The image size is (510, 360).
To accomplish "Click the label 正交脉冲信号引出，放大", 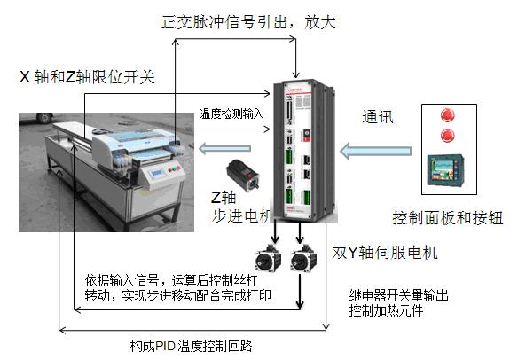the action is [248, 22].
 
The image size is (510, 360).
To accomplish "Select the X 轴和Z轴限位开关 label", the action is [87, 77].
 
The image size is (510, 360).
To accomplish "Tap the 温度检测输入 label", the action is [231, 113].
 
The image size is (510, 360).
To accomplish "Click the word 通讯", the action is [378, 116].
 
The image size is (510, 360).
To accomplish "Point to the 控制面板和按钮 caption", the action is [448, 218].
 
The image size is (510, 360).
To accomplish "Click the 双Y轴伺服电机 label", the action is [385, 253].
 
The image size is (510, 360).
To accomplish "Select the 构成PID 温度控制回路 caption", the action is [192, 346].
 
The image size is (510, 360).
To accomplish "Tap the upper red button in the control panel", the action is [448, 115].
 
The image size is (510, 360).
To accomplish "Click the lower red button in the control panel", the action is [448, 135].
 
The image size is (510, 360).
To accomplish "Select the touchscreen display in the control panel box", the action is [445, 170].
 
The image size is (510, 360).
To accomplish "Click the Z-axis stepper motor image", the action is [243, 175].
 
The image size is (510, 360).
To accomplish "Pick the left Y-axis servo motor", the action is [268, 258].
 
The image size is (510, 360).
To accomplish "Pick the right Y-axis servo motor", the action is [303, 258].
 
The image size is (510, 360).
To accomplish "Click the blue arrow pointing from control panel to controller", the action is [376, 151].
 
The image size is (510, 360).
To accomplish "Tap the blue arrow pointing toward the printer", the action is [224, 149].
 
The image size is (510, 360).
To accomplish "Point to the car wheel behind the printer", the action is [44, 118].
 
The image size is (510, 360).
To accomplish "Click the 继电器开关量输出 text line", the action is [399, 295].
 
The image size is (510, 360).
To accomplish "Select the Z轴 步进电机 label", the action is [241, 207].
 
